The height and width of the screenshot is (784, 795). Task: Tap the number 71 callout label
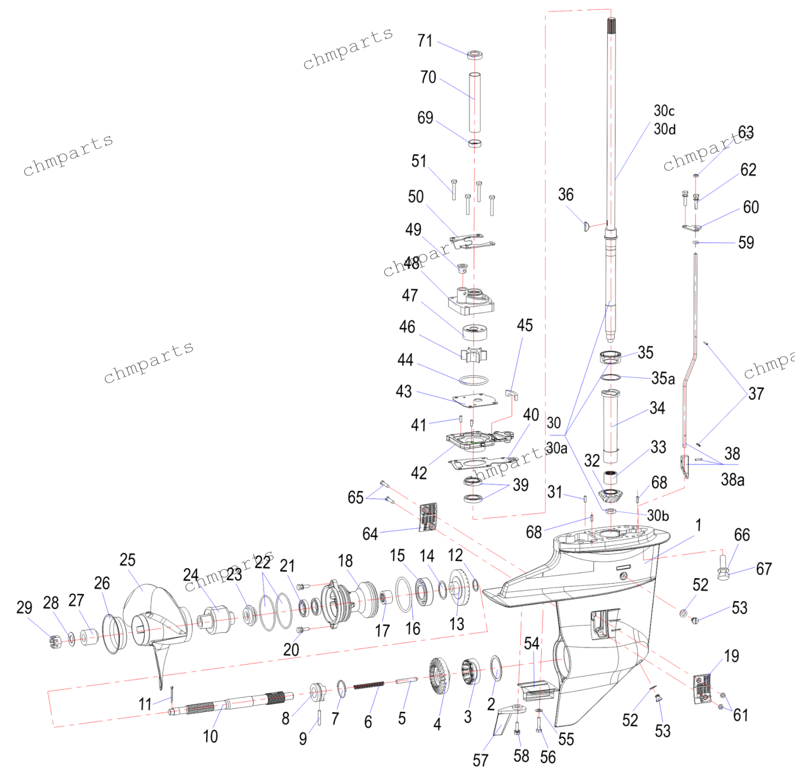(425, 41)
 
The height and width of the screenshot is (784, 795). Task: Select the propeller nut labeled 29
(55, 641)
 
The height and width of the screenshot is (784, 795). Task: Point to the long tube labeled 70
(475, 102)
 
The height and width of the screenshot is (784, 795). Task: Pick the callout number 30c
(664, 111)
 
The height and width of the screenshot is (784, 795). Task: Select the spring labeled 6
(369, 686)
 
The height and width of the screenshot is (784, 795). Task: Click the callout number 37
(756, 393)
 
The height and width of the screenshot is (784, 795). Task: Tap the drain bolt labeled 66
(723, 568)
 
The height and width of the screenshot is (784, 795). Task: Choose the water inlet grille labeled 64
(428, 518)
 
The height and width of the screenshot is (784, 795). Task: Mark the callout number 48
(412, 263)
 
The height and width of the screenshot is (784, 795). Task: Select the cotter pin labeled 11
(171, 694)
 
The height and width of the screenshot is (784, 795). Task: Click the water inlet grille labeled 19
(702, 689)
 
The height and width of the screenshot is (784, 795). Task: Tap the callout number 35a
(663, 378)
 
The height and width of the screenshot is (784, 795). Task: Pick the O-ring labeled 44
(474, 380)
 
